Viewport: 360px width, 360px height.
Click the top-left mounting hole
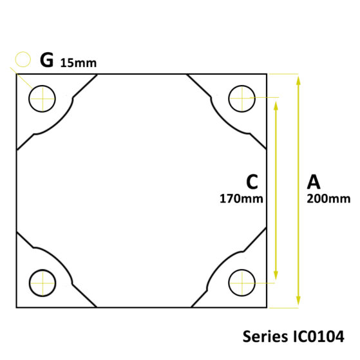42,99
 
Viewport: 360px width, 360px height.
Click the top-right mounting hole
242,99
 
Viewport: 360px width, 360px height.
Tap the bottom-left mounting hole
42,281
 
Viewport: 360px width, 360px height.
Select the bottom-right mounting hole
242,281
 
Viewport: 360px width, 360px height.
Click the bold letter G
46,60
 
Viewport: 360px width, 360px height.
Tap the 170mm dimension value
242,198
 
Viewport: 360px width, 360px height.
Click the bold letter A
314,180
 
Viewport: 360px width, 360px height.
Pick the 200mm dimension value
329,198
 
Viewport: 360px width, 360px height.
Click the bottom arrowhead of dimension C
276,277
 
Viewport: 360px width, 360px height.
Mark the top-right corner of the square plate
267,73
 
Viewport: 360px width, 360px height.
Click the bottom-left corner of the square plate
15,307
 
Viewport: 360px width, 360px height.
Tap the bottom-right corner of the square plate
267,307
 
